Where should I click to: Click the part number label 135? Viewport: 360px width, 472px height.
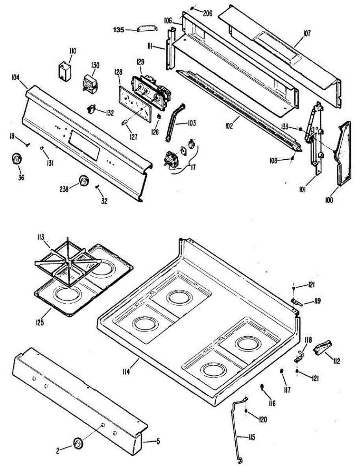pos(119,29)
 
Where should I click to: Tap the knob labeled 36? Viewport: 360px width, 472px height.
pos(16,159)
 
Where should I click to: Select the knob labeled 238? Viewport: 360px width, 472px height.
pos(83,180)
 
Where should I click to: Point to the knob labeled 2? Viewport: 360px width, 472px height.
pos(78,442)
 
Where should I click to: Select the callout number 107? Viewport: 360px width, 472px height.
pos(307,33)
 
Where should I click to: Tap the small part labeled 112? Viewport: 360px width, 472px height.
pos(322,348)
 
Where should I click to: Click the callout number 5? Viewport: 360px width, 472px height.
pos(158,441)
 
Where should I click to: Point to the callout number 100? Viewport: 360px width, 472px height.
pos(329,200)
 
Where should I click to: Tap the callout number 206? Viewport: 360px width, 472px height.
pos(207,13)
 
